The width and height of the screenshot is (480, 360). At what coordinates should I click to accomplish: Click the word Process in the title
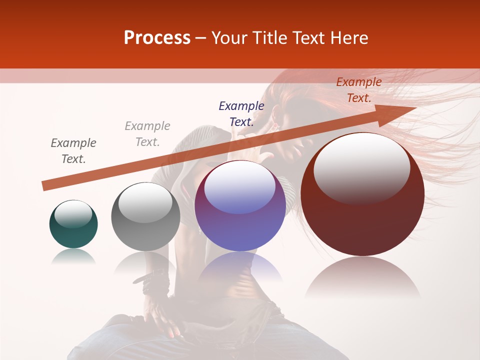(157, 38)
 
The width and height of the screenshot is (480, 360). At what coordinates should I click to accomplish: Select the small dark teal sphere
(73, 224)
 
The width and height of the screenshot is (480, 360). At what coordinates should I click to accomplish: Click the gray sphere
(145, 217)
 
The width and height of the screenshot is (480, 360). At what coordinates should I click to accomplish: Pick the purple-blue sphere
(240, 206)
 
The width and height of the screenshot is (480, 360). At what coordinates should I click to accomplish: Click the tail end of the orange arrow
(45, 185)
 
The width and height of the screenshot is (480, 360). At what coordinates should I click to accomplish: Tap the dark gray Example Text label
(73, 151)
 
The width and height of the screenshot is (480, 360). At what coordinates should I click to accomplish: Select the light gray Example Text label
(147, 134)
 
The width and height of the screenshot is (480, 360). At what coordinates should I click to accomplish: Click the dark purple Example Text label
(241, 113)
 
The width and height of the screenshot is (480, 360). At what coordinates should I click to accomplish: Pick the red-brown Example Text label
(359, 90)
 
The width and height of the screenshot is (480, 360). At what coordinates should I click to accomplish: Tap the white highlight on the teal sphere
(73, 213)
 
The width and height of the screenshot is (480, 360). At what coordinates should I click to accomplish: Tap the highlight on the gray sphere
(145, 202)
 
